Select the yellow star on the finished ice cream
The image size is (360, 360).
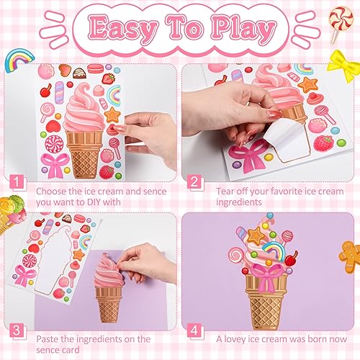point(256,235)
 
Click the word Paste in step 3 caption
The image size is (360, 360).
point(50,338)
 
